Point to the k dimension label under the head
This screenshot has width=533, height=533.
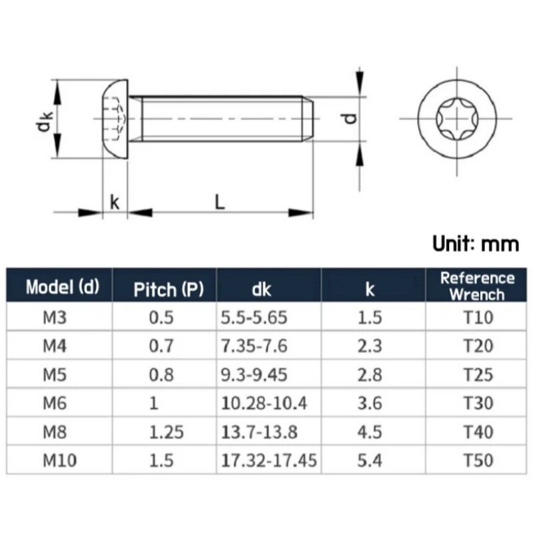click(x=115, y=202)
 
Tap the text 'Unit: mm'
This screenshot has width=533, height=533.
click(x=475, y=244)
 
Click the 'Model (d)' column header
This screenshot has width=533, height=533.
click(x=62, y=288)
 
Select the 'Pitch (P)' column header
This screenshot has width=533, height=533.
click(x=165, y=289)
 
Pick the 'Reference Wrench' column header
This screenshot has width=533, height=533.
click(x=477, y=286)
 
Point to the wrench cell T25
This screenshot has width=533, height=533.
click(x=477, y=374)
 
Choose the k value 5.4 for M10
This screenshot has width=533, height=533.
click(x=370, y=460)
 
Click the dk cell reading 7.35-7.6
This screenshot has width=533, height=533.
click(x=254, y=346)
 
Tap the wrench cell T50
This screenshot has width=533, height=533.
click(x=477, y=460)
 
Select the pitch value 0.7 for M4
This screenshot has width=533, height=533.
click(x=160, y=346)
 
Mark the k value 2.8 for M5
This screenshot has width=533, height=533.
click(x=370, y=374)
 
